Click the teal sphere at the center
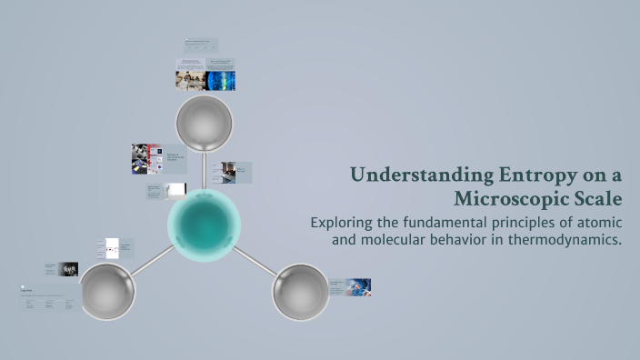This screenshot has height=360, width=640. pyautogui.click(x=205, y=224)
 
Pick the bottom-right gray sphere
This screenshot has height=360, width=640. pyautogui.click(x=300, y=293)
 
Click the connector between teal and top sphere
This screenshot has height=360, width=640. pyautogui.click(x=205, y=167)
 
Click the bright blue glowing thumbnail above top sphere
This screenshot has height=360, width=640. pyautogui.click(x=220, y=81)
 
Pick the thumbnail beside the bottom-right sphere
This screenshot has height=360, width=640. pyautogui.click(x=359, y=286)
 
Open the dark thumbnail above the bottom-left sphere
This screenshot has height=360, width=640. pyautogui.click(x=68, y=269)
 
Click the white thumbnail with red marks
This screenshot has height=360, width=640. pyautogui.click(x=113, y=247)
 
